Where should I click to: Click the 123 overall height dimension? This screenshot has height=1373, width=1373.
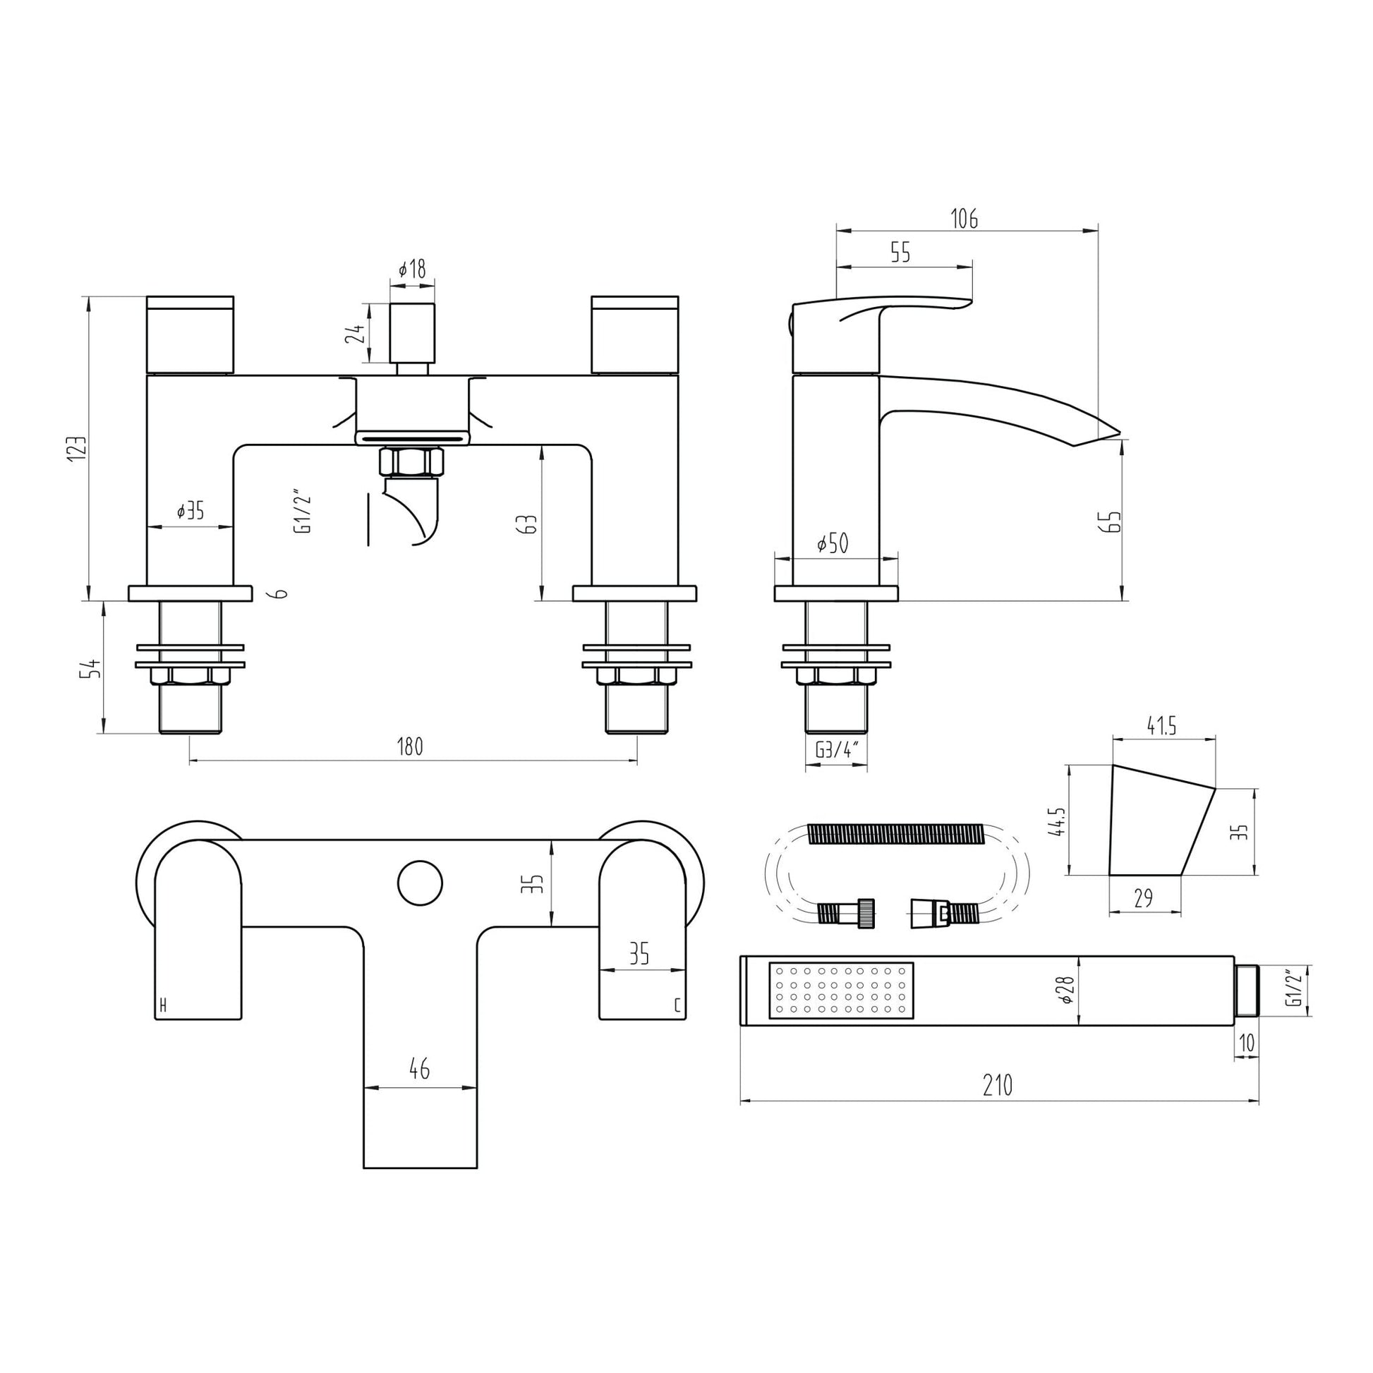(78, 449)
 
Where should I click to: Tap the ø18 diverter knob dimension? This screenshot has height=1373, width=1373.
(412, 270)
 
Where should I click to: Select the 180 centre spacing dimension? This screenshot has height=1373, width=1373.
(410, 746)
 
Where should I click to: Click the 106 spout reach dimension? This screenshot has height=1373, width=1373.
(964, 219)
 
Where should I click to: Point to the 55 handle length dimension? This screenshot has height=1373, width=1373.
(900, 254)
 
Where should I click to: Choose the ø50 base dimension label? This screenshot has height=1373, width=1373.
(833, 544)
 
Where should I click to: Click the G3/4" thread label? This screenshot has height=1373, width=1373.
(835, 750)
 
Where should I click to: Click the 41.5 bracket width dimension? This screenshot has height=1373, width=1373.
(1162, 725)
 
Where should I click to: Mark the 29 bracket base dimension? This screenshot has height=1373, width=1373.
(1143, 898)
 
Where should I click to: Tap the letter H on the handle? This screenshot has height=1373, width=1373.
(163, 1005)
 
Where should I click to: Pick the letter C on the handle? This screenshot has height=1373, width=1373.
(677, 1005)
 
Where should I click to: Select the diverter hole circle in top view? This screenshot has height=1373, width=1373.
(419, 883)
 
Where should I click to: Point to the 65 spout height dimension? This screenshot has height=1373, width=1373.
(1113, 521)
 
